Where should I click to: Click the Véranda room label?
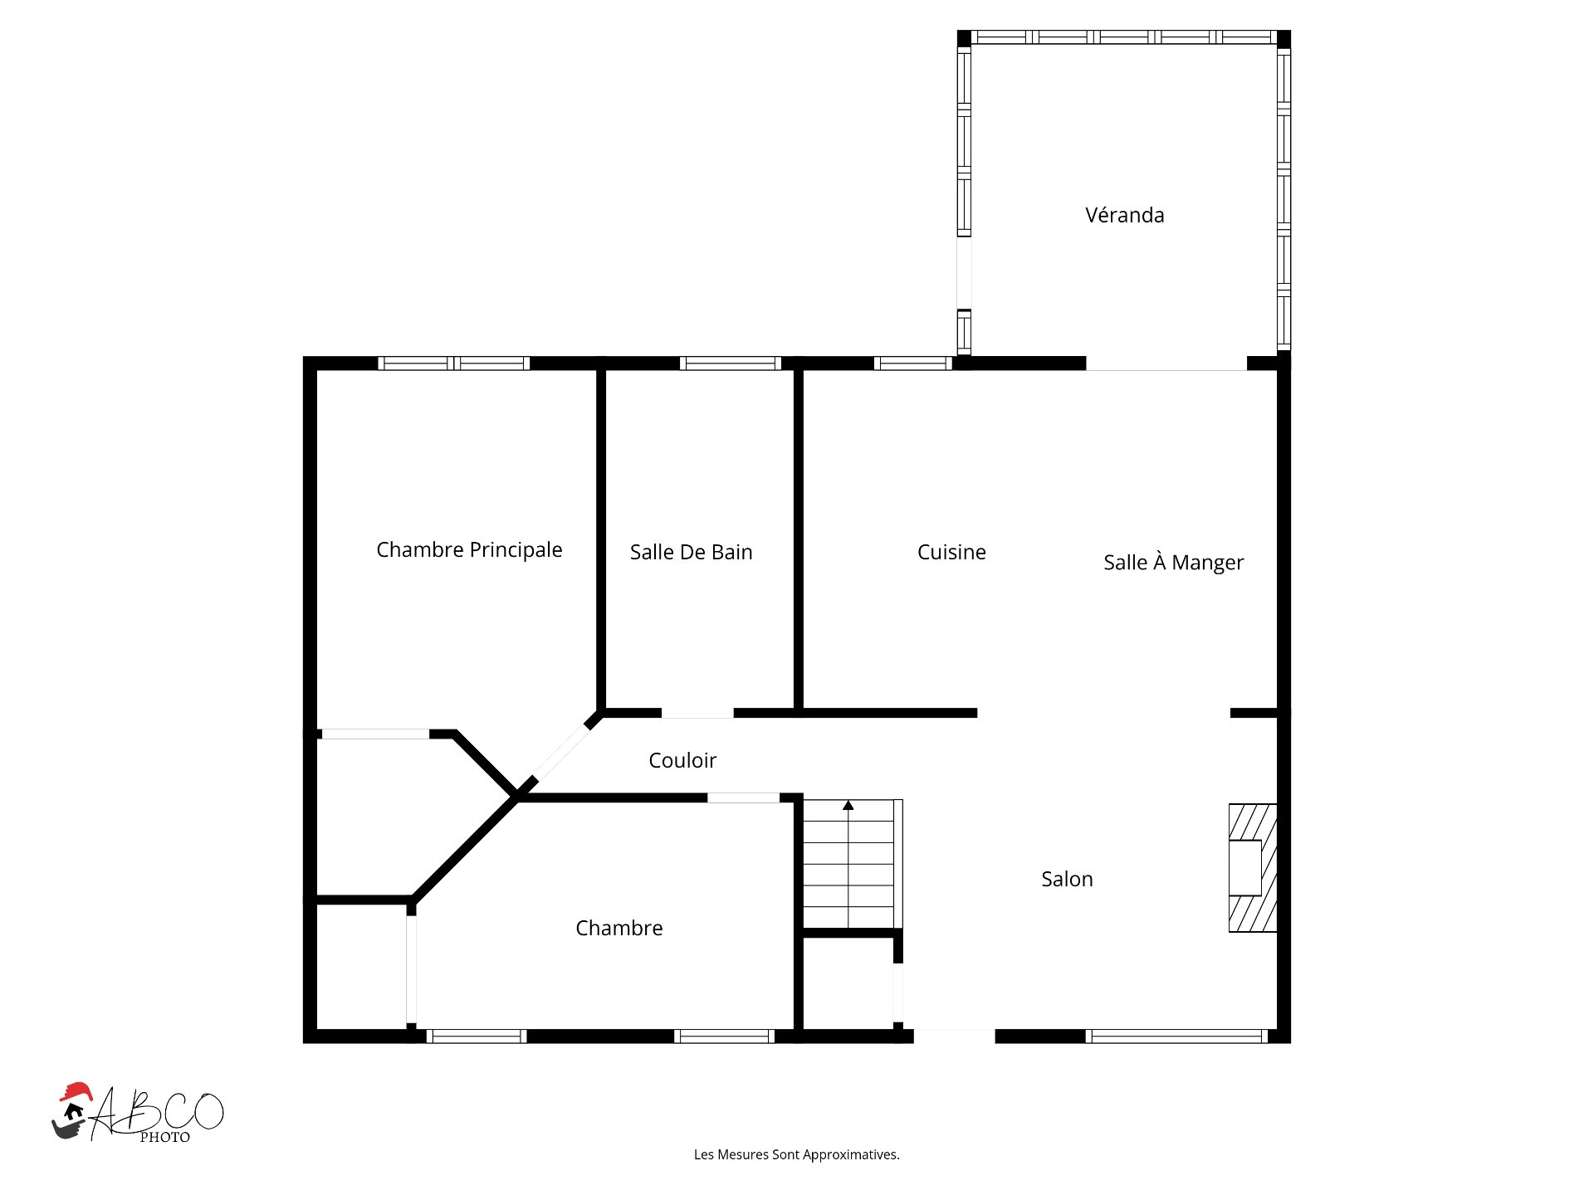pos(1124,215)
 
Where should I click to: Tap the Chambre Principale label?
pos(469,549)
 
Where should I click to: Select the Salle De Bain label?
pos(691,552)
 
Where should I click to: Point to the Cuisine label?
pos(951,552)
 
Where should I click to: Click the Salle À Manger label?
pos(1173,563)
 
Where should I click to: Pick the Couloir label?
pos(682,760)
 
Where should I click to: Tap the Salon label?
pos(1067,879)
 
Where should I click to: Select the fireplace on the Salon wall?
pos(1252,867)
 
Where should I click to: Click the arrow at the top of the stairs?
pos(848,805)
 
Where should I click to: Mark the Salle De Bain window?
pos(730,363)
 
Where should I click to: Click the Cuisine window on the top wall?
pos(912,363)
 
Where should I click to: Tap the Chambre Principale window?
pos(453,363)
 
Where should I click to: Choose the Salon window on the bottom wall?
pos(1176,1036)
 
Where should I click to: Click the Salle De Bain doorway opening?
pos(697,713)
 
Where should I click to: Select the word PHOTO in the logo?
pos(164,1138)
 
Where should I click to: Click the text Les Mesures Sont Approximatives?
pos(796,1154)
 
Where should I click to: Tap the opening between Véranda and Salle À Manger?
pos(1166,365)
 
